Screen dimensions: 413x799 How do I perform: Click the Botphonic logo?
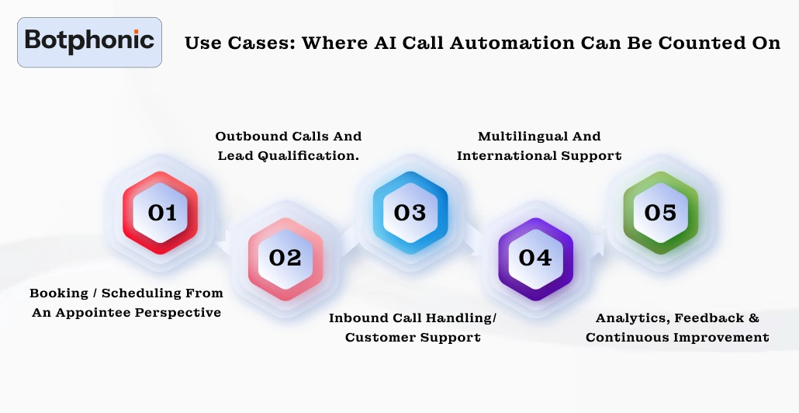point(89,41)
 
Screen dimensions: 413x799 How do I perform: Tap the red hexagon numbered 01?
point(161,212)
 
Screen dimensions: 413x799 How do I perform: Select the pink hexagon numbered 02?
point(285,258)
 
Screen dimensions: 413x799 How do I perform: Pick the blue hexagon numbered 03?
point(410,212)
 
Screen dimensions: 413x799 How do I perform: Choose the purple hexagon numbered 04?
point(534,258)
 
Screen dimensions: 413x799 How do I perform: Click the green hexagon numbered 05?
point(660,212)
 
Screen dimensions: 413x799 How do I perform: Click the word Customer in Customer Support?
point(381,337)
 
